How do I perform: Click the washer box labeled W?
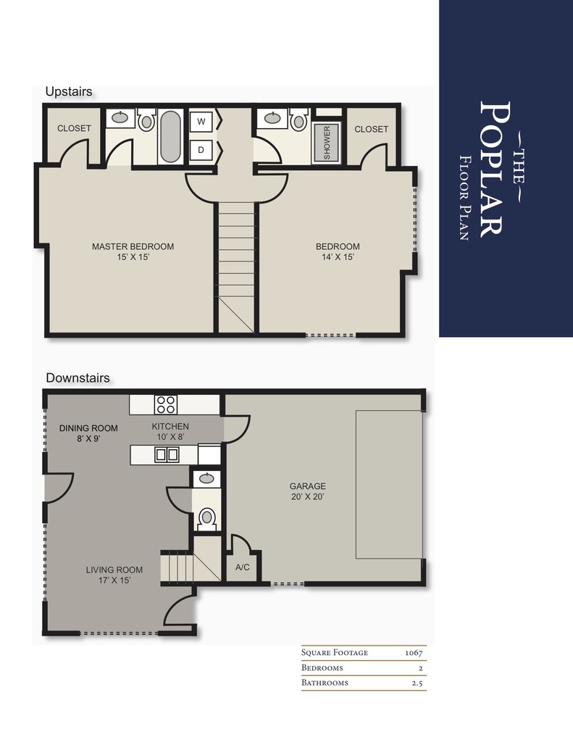point(201,121)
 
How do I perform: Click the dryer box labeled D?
point(201,150)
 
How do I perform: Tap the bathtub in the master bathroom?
point(171,136)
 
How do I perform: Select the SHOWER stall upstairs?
point(326,142)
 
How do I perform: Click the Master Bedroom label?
point(133,246)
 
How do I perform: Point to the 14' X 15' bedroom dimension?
point(338,257)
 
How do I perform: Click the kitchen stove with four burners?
point(165,404)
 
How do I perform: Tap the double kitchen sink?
point(167,455)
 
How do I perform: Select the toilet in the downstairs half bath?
point(207,517)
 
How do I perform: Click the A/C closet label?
point(243,567)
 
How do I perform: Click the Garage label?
point(308,486)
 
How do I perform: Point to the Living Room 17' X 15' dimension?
point(114,580)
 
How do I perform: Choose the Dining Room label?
point(88,428)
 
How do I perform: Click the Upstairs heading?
point(68,92)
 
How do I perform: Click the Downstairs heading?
point(78,378)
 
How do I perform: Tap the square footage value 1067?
point(413,653)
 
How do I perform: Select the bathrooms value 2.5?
point(417,683)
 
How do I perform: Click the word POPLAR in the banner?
point(493,168)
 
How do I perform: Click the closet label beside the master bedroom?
point(74,128)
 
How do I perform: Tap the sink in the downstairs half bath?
point(207,478)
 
